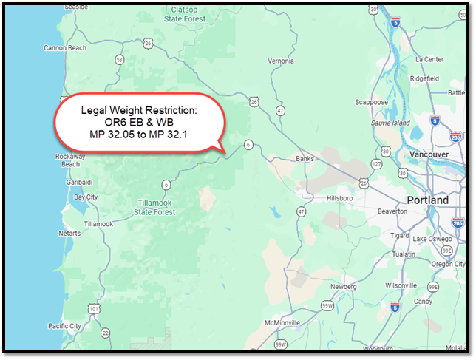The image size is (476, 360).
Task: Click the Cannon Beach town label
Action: point(64,48)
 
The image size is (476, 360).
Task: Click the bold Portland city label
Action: point(427,200)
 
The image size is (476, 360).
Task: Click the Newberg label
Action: point(344,286)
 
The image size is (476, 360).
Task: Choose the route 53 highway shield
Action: point(120,58)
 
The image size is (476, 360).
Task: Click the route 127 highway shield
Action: point(376,163)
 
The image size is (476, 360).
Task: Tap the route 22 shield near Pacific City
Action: point(106,333)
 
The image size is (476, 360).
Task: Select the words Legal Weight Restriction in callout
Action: point(139,109)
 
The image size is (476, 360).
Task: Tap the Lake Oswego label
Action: point(431,238)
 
